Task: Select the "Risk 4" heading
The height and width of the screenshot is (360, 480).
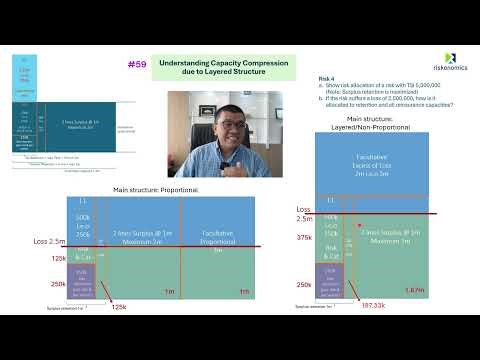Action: coord(326,77)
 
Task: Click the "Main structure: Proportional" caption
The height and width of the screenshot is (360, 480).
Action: coord(156,189)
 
